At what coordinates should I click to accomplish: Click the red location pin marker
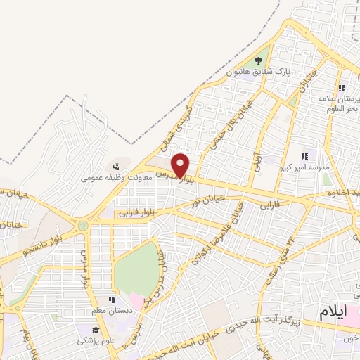[181, 165]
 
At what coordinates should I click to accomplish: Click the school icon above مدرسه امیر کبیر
[304, 156]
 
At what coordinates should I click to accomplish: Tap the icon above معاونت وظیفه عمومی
[116, 167]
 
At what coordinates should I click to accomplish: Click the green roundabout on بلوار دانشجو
[84, 226]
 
